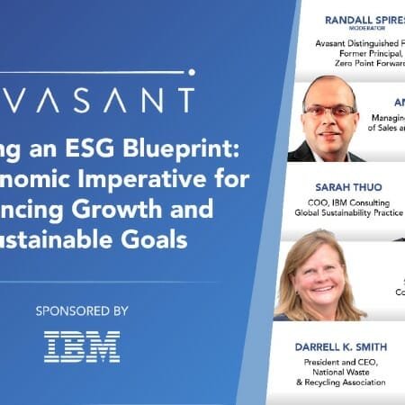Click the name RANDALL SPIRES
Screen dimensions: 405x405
(347, 22)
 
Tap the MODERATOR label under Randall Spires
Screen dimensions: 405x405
(347, 33)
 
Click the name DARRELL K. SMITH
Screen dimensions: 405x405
(344, 346)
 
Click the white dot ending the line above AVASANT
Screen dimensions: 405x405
(192, 71)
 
